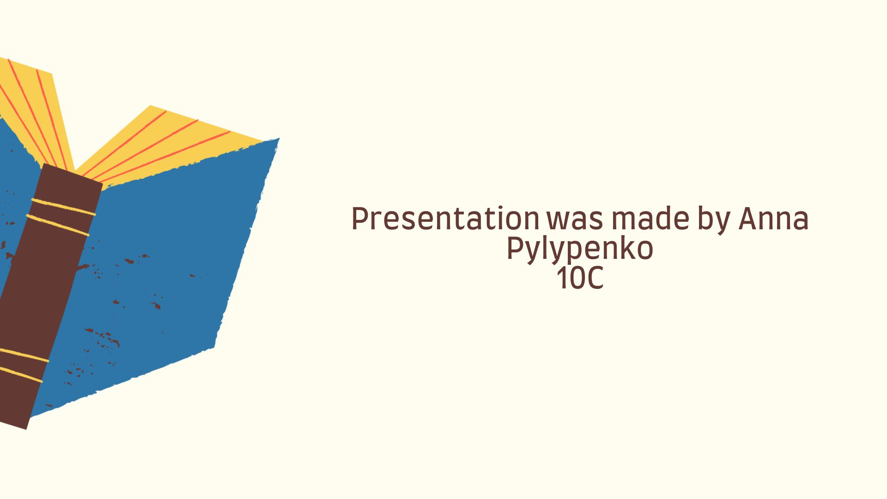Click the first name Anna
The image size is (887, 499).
(x=774, y=219)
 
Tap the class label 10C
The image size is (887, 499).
(x=580, y=278)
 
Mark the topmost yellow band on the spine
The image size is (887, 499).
(x=63, y=207)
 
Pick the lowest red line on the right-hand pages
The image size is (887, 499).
(x=164, y=157)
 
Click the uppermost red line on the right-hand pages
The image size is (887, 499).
(x=125, y=143)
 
